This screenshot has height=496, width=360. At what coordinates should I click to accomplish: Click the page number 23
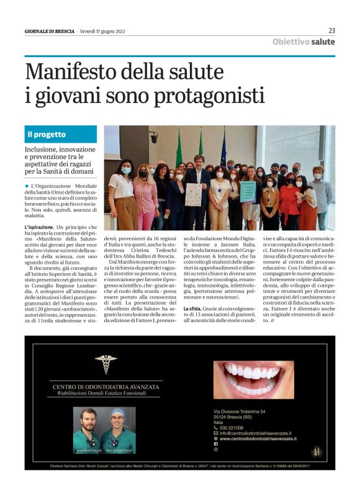tap(331, 30)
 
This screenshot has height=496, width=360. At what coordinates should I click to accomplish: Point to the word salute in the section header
tap(323, 42)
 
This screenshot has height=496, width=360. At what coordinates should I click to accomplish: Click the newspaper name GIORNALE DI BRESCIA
tap(50, 31)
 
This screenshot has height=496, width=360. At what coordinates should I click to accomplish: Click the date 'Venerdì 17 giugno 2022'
tap(106, 31)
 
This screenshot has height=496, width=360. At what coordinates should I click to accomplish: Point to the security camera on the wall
tap(153, 137)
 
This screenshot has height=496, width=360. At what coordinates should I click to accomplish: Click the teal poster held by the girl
tap(248, 191)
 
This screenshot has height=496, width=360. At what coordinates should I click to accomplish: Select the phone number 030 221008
tap(235, 428)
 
